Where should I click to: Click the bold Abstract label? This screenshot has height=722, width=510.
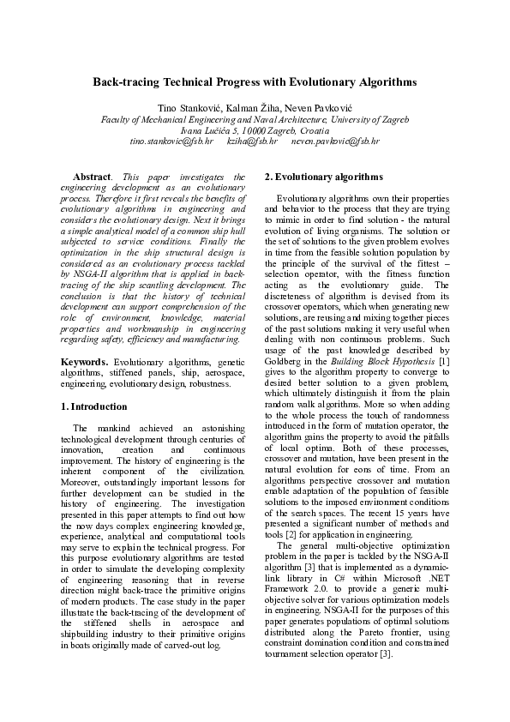[x=91, y=176]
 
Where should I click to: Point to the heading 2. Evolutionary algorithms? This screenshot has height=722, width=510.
[x=323, y=177]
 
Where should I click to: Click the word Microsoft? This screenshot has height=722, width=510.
[x=402, y=568]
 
